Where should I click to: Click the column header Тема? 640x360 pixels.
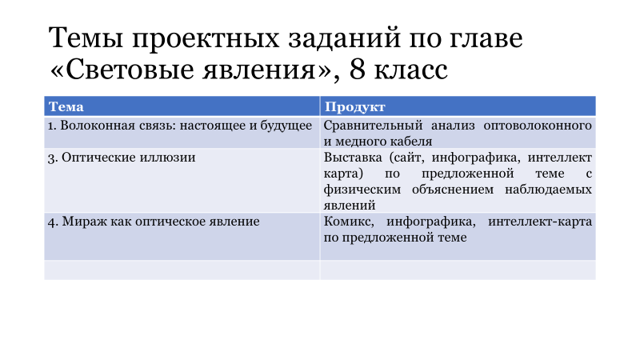pyautogui.click(x=66, y=106)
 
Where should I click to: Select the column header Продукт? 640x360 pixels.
pyautogui.click(x=354, y=107)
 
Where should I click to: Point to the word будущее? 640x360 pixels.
pyautogui.click(x=286, y=126)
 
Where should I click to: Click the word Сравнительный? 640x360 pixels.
pyautogui.click(x=373, y=126)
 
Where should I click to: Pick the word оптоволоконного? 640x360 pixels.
pyautogui.click(x=538, y=126)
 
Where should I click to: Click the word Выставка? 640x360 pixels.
pyautogui.click(x=353, y=157)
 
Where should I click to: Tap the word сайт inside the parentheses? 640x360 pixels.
pyautogui.click(x=408, y=157)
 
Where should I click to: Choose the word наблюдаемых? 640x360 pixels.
pyautogui.click(x=548, y=190)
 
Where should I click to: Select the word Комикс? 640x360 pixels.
pyautogui.click(x=348, y=222)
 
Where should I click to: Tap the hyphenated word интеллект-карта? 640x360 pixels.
pyautogui.click(x=540, y=222)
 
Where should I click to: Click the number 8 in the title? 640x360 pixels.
pyautogui.click(x=357, y=70)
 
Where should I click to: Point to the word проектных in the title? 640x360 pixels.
pyautogui.click(x=206, y=38)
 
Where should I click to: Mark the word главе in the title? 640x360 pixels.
pyautogui.click(x=486, y=38)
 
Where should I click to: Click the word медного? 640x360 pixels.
pyautogui.click(x=361, y=142)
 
